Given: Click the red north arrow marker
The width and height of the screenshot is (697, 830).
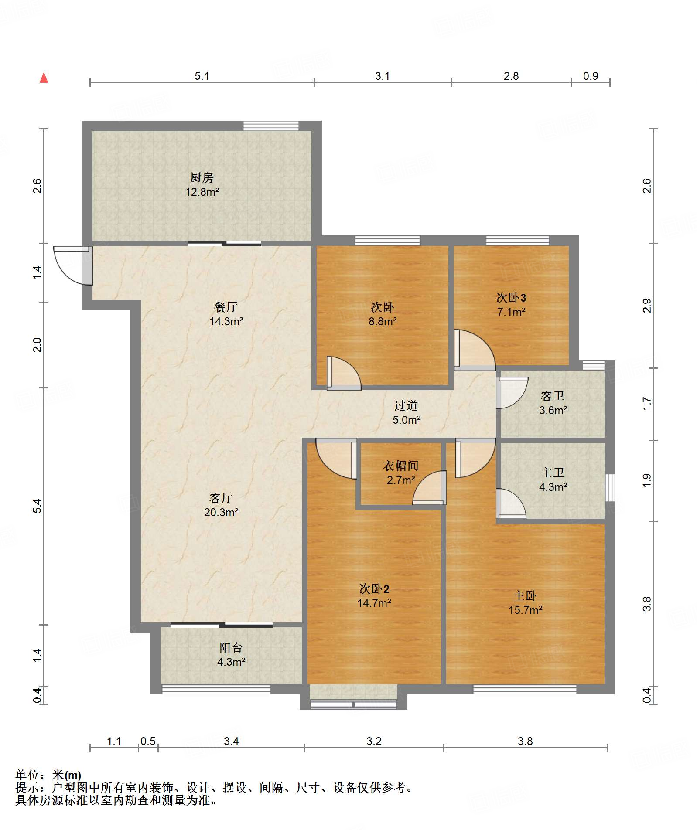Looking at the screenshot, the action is coord(44,78).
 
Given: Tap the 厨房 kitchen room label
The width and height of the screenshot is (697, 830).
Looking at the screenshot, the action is coord(202,177).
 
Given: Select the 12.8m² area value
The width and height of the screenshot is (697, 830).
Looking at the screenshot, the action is coord(202,192).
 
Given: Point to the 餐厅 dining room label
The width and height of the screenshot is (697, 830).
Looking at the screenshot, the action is coord(226,307).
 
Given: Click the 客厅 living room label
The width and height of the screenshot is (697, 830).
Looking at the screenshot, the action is coord(221,498).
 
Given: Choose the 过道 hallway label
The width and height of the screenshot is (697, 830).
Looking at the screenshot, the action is coord(406,405).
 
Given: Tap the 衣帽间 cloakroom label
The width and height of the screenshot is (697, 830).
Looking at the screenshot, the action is coord(401,466).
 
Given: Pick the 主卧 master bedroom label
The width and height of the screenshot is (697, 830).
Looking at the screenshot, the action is coord(525,595).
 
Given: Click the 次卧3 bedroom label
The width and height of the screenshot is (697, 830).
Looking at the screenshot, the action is coord(511,298).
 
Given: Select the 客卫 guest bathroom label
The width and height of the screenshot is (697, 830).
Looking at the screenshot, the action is coord(553,396).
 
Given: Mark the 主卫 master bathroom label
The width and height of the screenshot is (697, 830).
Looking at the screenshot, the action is coord(553,473).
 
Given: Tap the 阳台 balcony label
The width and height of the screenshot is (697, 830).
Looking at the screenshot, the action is coord(231,647).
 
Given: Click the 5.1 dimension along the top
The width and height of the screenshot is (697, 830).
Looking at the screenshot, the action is coord(202,76).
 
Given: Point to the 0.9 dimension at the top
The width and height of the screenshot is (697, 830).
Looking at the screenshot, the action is coord(591,76).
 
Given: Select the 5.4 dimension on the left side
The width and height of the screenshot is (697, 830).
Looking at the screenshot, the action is coord(38,506).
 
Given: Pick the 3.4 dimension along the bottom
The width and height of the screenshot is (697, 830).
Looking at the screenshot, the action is coord(231,741).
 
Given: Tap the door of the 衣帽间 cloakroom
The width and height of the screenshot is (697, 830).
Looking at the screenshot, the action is coord(430,488).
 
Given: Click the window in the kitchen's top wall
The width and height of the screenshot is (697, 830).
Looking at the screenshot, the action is coord(271,126).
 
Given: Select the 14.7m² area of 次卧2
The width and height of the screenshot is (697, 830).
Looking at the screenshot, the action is coord(374,603).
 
